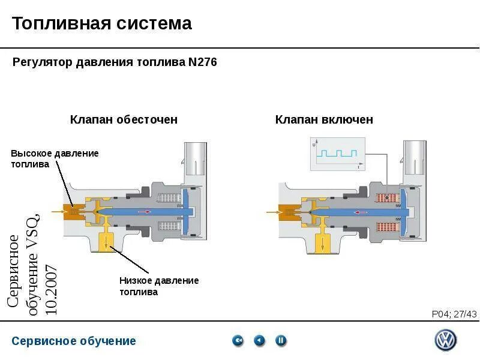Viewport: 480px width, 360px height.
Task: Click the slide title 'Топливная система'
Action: (x=102, y=23)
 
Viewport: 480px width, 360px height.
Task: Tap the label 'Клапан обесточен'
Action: (x=124, y=119)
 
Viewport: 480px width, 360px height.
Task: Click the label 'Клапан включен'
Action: (x=324, y=119)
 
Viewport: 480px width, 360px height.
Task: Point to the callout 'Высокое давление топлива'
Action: (x=55, y=159)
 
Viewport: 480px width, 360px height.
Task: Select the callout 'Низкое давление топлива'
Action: (x=158, y=286)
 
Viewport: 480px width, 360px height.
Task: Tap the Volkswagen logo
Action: (x=445, y=340)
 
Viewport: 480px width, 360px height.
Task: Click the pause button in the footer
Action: (x=281, y=341)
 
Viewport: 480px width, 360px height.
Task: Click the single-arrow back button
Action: (x=259, y=341)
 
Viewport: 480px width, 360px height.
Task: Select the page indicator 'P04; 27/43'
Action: (x=454, y=314)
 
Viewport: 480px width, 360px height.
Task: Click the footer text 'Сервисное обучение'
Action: (x=74, y=341)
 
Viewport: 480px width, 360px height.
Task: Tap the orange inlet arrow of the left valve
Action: (x=59, y=211)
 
